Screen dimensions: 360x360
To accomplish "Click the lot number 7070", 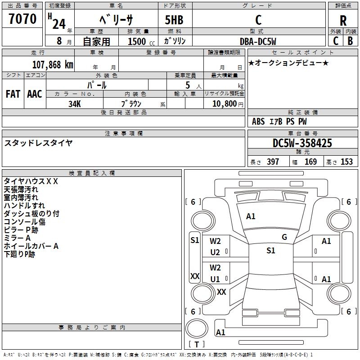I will pos(22,19).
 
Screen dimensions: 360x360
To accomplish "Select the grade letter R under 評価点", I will pos(343,20).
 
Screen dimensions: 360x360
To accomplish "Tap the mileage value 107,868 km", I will pos(53,64).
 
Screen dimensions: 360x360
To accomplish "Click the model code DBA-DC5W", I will pos(257,41).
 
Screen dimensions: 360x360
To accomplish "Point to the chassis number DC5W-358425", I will pos(302,143).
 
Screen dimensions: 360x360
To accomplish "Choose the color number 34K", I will pos(75,103).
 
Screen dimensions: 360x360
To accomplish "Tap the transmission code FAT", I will pos(13,94).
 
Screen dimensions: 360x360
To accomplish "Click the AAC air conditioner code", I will pos(35,94).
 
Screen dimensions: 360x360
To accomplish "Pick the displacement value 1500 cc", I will pos(137,41).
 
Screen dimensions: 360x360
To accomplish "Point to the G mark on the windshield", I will pos(284,237).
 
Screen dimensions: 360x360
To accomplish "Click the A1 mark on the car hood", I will pos(251,216).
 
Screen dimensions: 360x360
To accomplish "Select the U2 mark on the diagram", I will pos(215,252).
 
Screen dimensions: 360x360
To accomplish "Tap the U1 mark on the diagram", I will pos(215,279).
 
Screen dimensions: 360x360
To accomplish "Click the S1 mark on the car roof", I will pos(270,251).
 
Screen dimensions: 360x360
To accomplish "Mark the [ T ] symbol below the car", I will pos(197,345).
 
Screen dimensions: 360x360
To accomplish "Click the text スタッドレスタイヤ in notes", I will pos(39,143).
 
